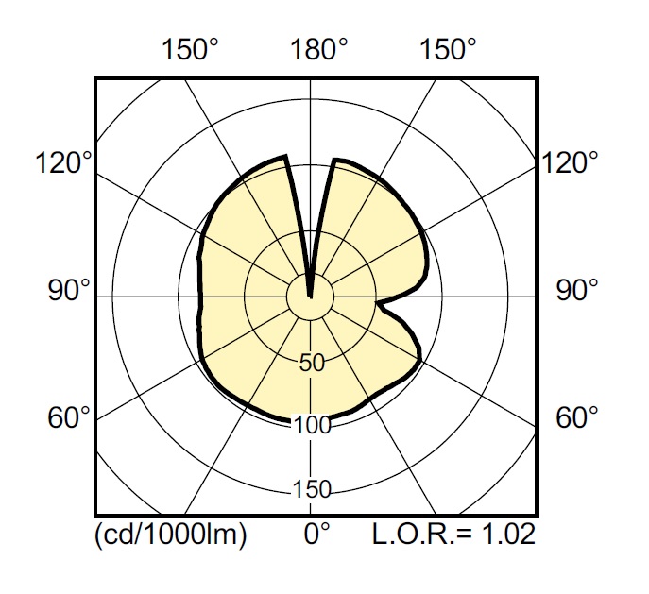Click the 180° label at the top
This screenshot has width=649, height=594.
(318, 49)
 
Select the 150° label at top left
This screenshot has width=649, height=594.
(189, 49)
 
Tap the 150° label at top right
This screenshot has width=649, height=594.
(448, 49)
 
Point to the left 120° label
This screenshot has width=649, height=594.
(63, 162)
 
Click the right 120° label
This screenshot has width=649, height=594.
(570, 162)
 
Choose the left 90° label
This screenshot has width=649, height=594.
(69, 290)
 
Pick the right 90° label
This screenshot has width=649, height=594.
(576, 290)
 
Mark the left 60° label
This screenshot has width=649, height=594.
(69, 417)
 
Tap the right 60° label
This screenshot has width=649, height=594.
(576, 417)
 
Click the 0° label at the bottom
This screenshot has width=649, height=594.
(317, 534)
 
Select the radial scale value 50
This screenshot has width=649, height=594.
(312, 364)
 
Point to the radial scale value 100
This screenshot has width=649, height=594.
(312, 425)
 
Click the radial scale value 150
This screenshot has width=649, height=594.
(312, 489)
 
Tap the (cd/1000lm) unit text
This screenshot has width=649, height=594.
(171, 535)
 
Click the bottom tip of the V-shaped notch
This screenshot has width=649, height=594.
(311, 297)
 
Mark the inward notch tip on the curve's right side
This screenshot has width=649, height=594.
(378, 302)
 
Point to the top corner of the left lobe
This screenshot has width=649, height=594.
(285, 157)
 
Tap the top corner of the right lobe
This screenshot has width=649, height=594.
(334, 160)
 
